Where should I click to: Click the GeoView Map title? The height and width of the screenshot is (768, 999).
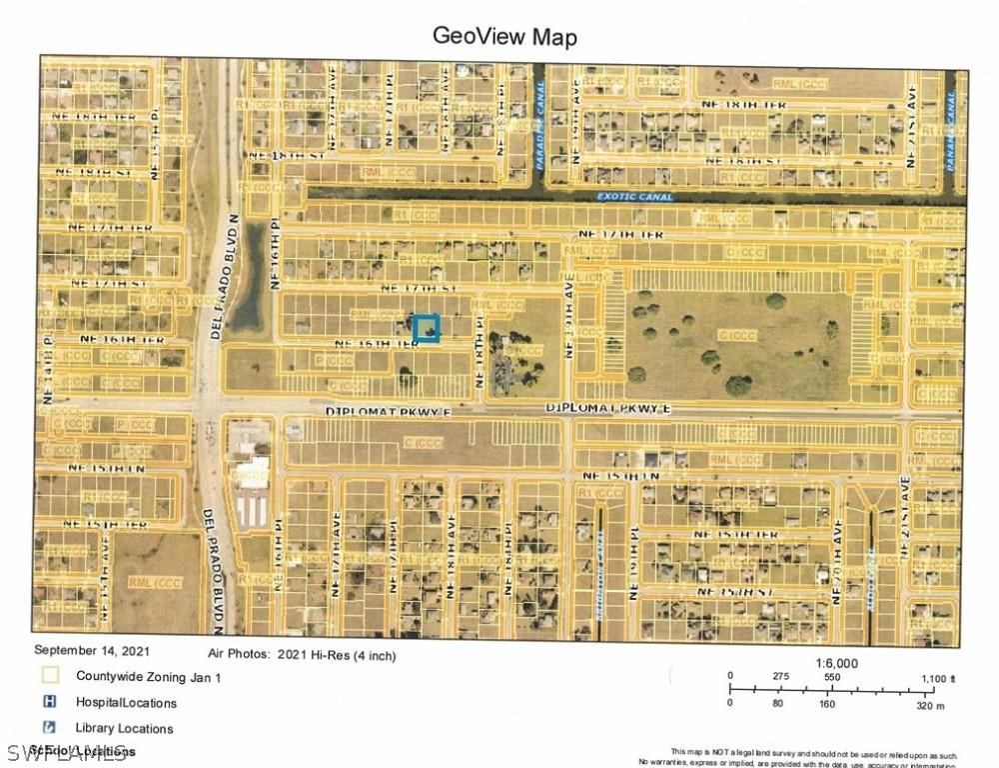coord(504,36)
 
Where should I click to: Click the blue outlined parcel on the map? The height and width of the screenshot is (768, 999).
coord(427,328)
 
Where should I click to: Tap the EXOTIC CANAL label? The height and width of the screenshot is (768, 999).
coord(635,197)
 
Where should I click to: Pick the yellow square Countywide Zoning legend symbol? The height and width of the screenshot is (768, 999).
coord(49,676)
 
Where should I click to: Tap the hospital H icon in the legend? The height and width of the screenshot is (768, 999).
coord(49,702)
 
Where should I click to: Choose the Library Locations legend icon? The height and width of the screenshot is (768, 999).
coord(49,727)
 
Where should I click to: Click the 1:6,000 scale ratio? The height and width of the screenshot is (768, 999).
coord(836,663)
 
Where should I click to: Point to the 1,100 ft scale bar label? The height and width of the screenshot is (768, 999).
coord(938,677)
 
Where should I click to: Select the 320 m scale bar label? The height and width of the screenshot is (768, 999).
coord(931,704)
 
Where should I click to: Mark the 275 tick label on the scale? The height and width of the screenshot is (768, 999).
coord(780,677)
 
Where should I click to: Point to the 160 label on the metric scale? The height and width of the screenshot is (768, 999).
coord(826,704)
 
